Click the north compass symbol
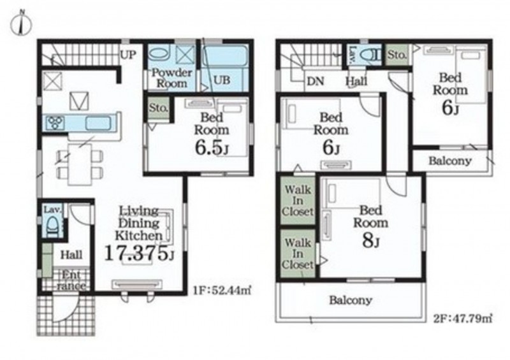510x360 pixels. (21, 24)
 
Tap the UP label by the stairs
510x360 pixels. (128, 55)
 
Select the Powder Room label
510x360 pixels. (171, 78)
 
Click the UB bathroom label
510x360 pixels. (222, 80)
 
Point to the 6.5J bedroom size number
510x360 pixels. (212, 148)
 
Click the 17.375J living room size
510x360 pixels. (139, 254)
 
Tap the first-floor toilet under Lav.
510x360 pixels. (52, 226)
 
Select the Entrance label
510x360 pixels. (71, 280)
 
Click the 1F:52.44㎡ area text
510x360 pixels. (222, 290)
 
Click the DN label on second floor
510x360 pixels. (315, 82)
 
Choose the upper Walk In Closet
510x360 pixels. (298, 201)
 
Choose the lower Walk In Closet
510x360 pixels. (298, 254)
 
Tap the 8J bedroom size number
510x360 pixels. (370, 241)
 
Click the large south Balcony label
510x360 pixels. (350, 300)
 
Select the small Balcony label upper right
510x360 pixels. (450, 161)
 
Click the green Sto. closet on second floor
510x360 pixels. (397, 55)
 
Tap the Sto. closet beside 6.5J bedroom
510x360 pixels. (158, 108)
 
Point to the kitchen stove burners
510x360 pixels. (55, 123)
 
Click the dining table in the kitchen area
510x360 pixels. (80, 164)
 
